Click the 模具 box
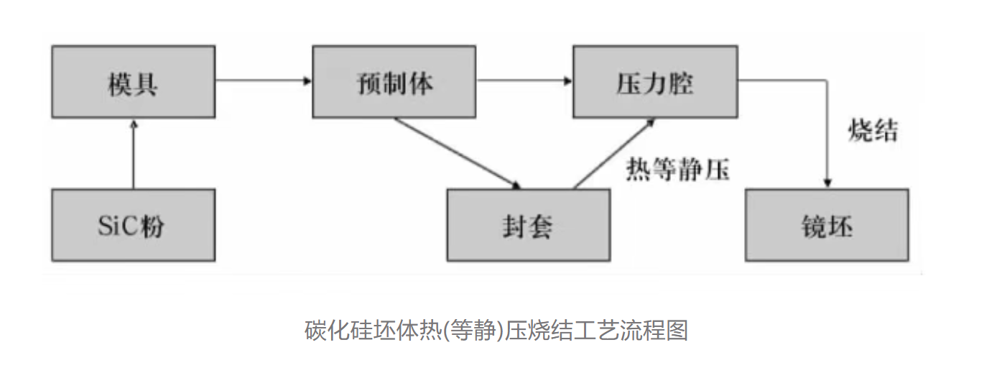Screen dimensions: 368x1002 pos(133,82)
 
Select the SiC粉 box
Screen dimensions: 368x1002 pos(133,225)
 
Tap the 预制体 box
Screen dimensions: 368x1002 pos(394,82)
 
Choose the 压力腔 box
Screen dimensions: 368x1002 pos(654,82)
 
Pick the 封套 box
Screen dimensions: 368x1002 pos(528,225)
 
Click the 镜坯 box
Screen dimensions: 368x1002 pos(826,225)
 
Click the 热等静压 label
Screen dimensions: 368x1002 pos(677,170)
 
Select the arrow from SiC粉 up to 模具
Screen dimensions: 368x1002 pos(133,155)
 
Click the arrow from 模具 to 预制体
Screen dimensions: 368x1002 pos(263,80)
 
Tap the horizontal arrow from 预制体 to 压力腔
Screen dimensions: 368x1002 pos(524,80)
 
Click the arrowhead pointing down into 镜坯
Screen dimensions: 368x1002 pos(828,183)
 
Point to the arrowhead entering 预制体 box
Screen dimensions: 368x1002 pos(307,80)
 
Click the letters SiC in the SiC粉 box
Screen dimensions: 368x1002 pos(116,226)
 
